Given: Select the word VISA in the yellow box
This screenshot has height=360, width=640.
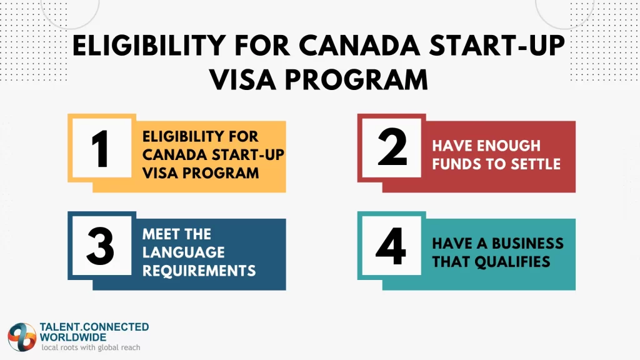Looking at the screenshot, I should point(162,173).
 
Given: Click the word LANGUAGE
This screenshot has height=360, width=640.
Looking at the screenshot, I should point(183,252).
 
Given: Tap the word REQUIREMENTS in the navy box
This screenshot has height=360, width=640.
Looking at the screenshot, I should point(199,270).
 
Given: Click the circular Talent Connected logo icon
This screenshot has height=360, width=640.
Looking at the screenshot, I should point(22,337).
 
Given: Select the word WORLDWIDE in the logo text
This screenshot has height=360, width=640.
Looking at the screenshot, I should point(72,337).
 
